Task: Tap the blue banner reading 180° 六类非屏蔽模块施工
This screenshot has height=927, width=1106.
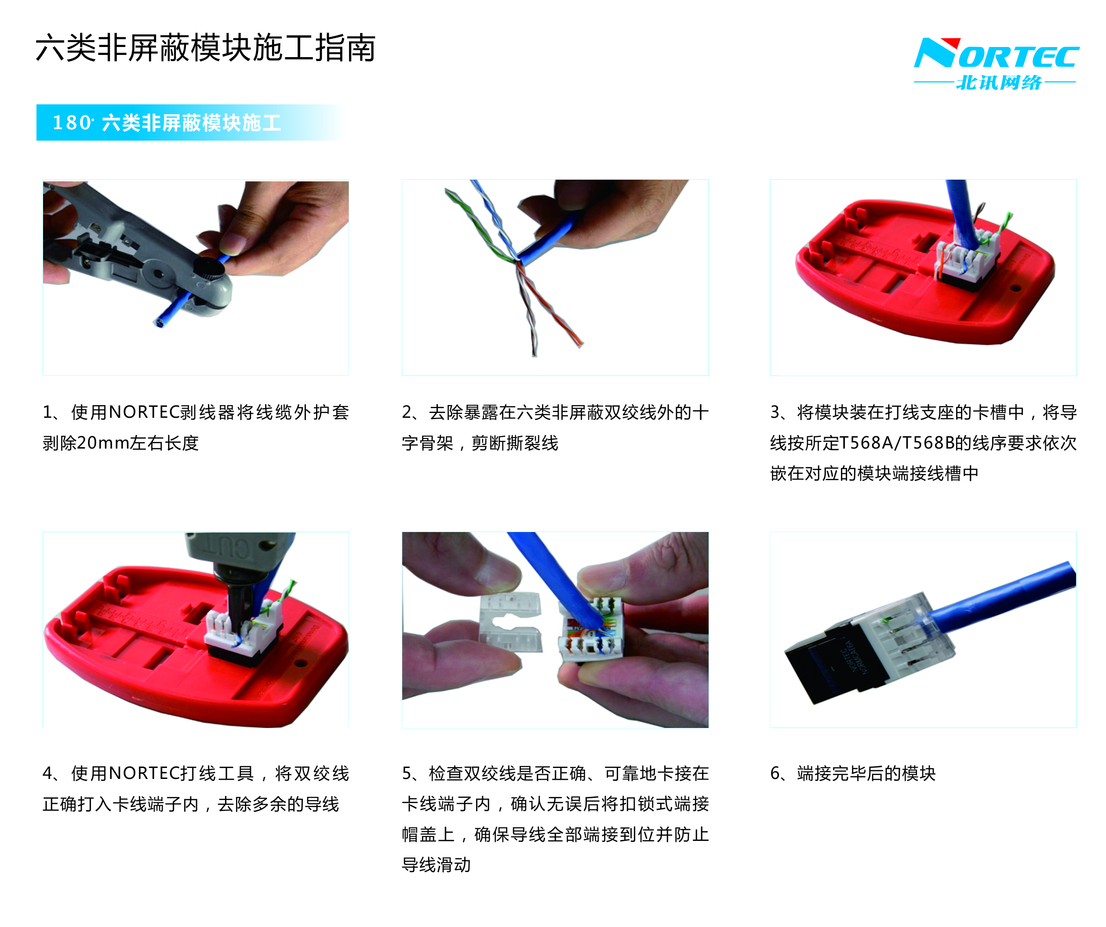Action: point(189,123)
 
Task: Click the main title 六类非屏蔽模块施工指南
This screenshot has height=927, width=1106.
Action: point(205,48)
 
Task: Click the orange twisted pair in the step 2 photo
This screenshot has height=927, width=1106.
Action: point(550,305)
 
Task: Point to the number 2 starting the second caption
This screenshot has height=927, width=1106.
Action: point(407,412)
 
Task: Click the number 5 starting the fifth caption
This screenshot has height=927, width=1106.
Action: point(407,773)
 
